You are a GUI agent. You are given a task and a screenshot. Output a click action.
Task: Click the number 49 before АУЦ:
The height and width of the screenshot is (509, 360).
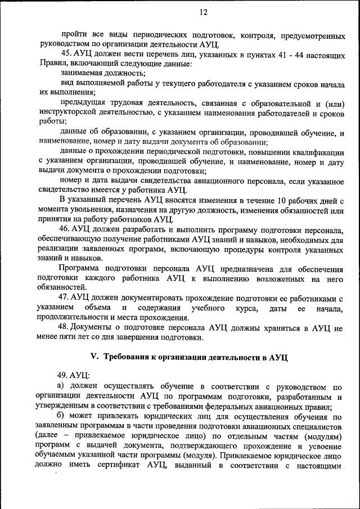coord(64,375)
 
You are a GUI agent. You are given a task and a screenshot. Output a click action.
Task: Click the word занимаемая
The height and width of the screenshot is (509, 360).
coord(81,73)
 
